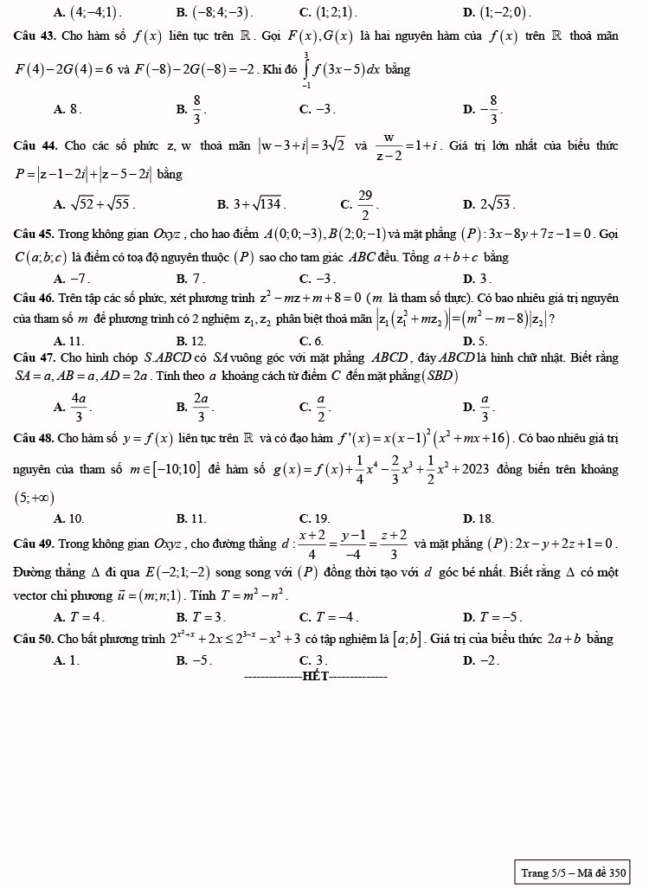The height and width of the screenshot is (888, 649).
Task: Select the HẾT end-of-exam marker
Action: point(316,676)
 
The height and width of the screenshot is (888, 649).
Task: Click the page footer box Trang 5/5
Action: point(572,872)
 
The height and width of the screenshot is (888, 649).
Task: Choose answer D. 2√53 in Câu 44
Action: point(489,205)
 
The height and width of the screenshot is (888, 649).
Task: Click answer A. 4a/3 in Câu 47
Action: point(71,405)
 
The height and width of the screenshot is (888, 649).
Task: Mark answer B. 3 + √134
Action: point(252,205)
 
